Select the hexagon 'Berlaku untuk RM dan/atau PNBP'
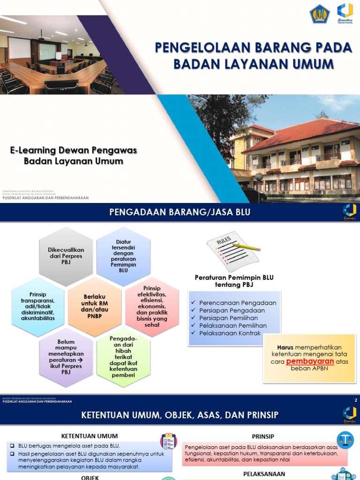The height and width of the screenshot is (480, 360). click(x=95, y=307)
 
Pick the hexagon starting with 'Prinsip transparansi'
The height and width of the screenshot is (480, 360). click(x=38, y=307)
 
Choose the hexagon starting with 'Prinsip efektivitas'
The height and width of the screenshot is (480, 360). click(x=152, y=307)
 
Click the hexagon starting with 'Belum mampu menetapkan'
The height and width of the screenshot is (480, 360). click(x=66, y=357)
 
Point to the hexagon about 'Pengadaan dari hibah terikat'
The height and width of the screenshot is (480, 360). click(x=123, y=357)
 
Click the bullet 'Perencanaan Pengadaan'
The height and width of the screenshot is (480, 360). click(x=237, y=303)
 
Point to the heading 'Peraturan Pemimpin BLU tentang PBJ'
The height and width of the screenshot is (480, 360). click(x=234, y=281)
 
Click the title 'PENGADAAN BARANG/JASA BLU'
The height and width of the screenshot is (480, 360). click(x=180, y=213)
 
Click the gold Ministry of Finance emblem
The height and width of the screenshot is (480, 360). click(x=320, y=14)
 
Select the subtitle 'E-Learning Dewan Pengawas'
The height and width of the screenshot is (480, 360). click(x=74, y=150)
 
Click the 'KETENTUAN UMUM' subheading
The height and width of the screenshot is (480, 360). click(x=90, y=436)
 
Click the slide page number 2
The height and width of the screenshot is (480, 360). click(x=356, y=400)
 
